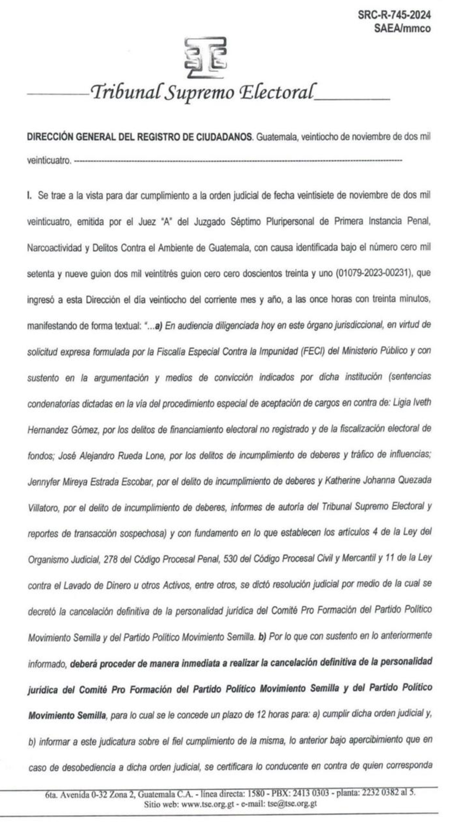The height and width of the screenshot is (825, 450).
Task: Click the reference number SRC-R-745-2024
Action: click(x=395, y=16)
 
